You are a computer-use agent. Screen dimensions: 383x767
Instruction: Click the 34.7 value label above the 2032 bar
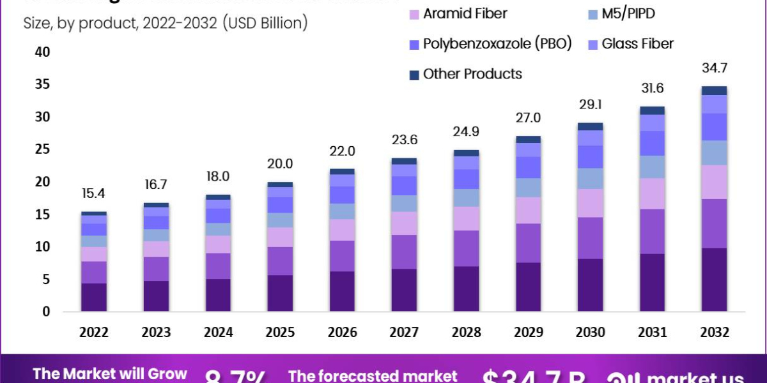pyautogui.click(x=714, y=68)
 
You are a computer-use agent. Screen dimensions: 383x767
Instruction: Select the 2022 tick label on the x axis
pyautogui.click(x=94, y=333)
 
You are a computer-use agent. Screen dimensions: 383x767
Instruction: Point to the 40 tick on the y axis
pyautogui.click(x=42, y=52)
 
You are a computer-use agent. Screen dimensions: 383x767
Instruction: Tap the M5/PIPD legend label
pyautogui.click(x=628, y=14)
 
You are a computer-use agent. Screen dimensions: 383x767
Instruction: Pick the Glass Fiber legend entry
pyautogui.click(x=637, y=44)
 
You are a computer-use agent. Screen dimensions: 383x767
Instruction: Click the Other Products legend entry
pyautogui.click(x=472, y=74)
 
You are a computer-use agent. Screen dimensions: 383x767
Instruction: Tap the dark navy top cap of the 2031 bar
pyautogui.click(x=652, y=110)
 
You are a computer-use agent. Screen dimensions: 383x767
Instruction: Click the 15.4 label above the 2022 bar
pyautogui.click(x=94, y=194)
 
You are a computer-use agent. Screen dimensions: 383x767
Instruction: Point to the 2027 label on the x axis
pyautogui.click(x=404, y=333)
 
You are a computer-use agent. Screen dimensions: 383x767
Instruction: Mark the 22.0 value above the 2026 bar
pyautogui.click(x=342, y=151)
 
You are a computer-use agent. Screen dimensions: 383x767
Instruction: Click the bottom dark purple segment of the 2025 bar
pyautogui.click(x=280, y=293)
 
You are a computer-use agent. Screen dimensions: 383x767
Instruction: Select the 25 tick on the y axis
pyautogui.click(x=42, y=149)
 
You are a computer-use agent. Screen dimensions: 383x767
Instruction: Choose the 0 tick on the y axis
pyautogui.click(x=47, y=312)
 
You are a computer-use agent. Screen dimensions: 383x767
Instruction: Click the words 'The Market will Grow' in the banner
pyautogui.click(x=110, y=373)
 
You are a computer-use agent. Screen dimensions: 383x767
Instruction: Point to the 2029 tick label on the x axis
pyautogui.click(x=528, y=333)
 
